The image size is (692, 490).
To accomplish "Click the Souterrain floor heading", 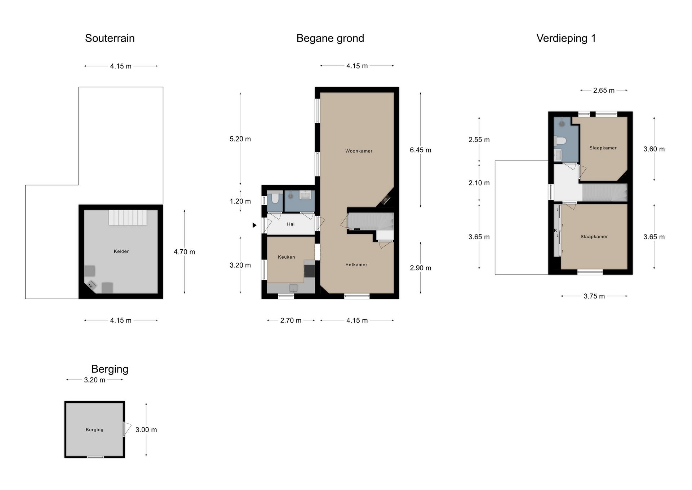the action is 110,38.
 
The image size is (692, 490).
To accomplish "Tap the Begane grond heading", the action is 330,38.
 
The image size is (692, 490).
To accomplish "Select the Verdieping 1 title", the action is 566,38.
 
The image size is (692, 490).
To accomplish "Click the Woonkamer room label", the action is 359,151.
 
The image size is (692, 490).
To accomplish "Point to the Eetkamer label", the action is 356,264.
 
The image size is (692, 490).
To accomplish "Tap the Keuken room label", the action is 286,257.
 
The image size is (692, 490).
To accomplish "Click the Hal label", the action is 290,224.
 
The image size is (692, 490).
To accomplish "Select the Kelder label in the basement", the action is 121,251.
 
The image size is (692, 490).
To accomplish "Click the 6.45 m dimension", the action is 420,150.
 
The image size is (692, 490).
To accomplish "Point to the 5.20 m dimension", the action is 240,139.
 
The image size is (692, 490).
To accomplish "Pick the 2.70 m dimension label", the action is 291,320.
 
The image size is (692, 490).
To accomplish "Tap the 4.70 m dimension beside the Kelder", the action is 184,252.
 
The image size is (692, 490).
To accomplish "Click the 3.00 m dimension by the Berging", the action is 146,430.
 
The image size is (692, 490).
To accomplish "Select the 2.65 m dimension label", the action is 604,91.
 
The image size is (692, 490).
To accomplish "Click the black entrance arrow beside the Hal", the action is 254,225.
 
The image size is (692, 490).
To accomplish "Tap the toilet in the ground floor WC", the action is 275,197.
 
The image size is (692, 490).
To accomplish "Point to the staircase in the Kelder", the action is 128,218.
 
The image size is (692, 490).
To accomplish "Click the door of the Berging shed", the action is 127,429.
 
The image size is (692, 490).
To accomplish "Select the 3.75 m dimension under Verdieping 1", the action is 594,296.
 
